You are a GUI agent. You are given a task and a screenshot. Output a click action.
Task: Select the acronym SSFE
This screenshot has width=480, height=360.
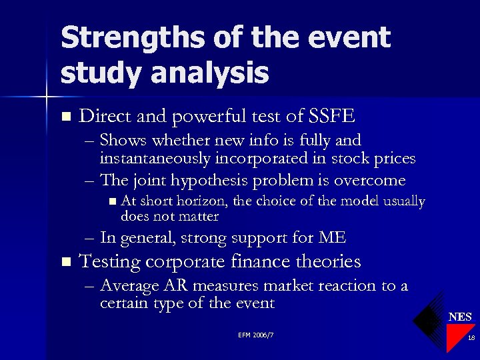(x=333, y=117)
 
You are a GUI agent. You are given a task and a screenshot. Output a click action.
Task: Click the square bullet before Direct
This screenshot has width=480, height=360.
(x=65, y=117)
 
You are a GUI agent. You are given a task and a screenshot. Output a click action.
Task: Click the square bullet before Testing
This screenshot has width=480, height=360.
(x=65, y=262)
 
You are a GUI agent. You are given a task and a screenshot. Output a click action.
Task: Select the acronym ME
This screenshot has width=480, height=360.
(x=333, y=237)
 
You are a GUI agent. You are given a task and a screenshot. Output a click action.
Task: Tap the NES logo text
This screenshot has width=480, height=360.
(x=460, y=317)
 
